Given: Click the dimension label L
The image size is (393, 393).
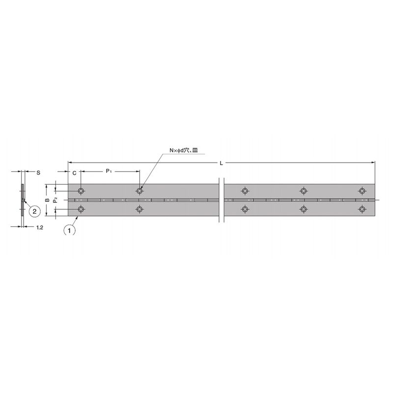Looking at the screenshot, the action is [222, 163].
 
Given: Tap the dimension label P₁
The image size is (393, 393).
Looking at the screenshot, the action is [109, 171].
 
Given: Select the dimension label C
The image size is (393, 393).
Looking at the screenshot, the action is [75, 173].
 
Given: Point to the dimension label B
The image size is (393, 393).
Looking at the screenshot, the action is [47, 200].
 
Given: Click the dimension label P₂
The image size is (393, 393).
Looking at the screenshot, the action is [56, 200].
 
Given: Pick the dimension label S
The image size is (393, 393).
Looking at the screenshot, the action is [38, 173].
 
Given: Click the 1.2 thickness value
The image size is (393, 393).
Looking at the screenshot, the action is [40, 227].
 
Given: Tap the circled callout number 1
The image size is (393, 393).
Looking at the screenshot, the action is [69, 230].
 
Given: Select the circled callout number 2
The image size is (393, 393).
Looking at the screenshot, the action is [34, 211].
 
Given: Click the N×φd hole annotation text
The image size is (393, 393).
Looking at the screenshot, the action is [184, 150].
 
